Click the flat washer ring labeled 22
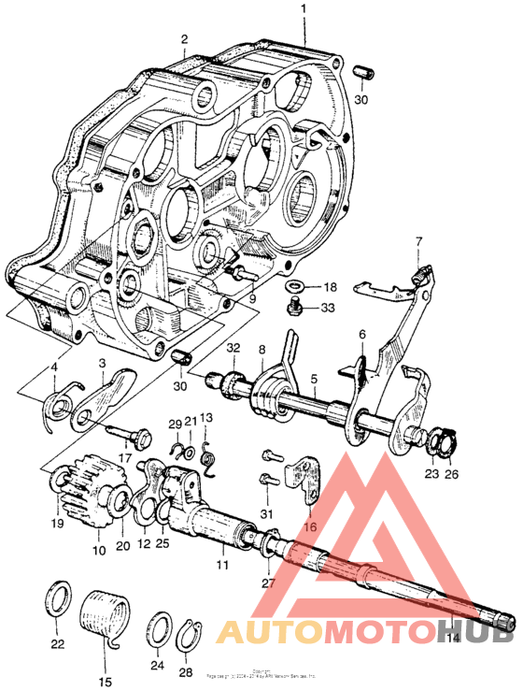coord(57,597)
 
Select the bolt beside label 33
coord(291,305)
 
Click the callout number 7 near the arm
coord(417,242)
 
